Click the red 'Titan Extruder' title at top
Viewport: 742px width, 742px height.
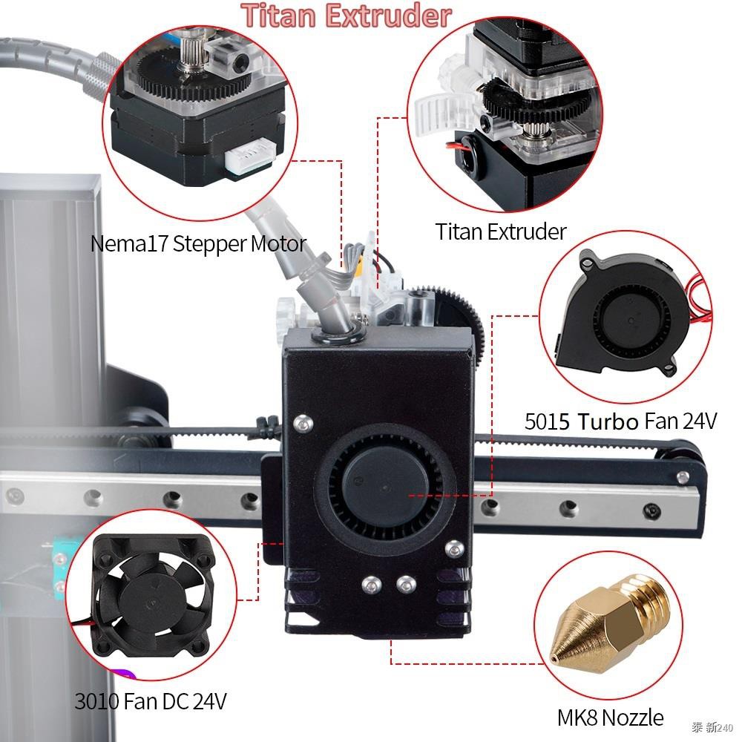[346, 16]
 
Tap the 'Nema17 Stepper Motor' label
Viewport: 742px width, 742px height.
[198, 243]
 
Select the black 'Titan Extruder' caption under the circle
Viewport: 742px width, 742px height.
[501, 232]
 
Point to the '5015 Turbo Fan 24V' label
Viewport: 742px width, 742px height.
[621, 421]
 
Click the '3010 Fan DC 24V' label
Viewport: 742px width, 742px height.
[151, 701]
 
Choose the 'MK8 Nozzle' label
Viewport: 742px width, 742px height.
[611, 718]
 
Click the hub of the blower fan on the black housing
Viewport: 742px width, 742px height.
[385, 485]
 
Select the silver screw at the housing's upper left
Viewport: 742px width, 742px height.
[303, 422]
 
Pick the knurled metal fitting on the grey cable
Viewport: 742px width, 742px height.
[102, 75]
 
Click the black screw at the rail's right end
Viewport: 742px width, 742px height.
[652, 510]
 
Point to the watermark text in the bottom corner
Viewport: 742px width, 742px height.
[712, 727]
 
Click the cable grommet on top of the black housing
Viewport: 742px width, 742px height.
[338, 335]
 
